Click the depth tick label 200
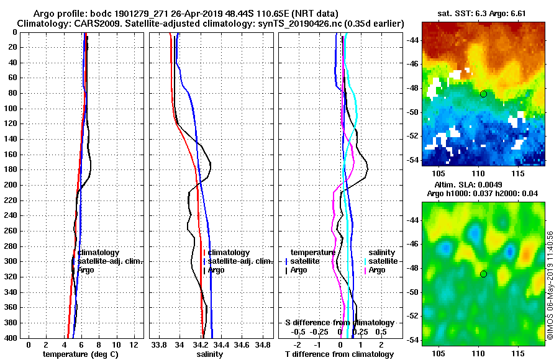point(11,185)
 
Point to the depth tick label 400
point(11,338)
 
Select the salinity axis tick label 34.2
point(200,344)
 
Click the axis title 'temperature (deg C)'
point(80,354)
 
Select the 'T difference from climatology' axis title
point(339,354)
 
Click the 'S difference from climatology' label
point(339,323)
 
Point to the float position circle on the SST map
point(483,94)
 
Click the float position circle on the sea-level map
point(483,274)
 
